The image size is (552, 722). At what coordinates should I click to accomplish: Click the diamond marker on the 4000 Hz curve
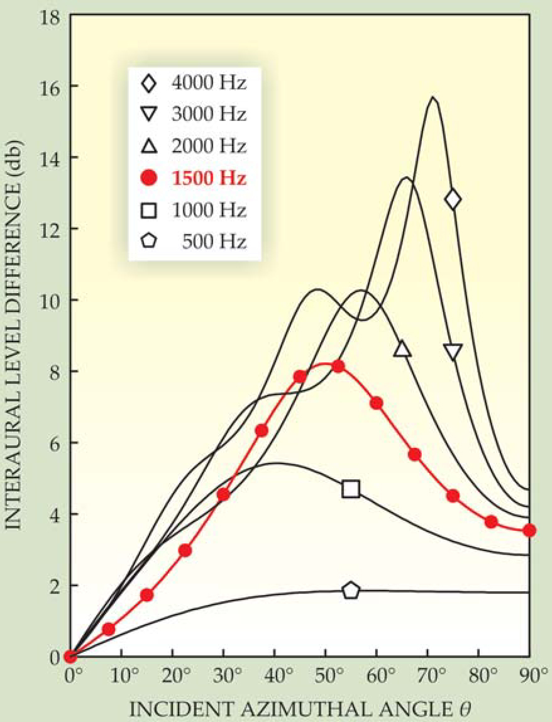click(453, 199)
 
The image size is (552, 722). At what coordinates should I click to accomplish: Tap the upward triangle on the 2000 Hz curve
click(402, 349)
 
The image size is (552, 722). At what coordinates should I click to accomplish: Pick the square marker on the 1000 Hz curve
click(351, 489)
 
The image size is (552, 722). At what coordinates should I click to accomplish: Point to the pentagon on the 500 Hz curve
click(351, 590)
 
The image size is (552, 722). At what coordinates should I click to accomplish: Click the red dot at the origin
click(70, 657)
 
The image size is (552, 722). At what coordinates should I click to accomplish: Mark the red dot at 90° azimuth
click(529, 530)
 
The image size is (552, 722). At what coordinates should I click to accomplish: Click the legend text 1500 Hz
click(208, 178)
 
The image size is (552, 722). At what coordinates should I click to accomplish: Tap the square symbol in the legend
click(149, 210)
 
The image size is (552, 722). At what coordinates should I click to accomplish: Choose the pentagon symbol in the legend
click(149, 242)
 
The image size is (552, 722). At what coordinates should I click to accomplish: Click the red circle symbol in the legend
click(149, 178)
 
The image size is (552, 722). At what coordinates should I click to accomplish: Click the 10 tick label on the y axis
click(50, 300)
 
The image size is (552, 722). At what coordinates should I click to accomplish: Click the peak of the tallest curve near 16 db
click(433, 97)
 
